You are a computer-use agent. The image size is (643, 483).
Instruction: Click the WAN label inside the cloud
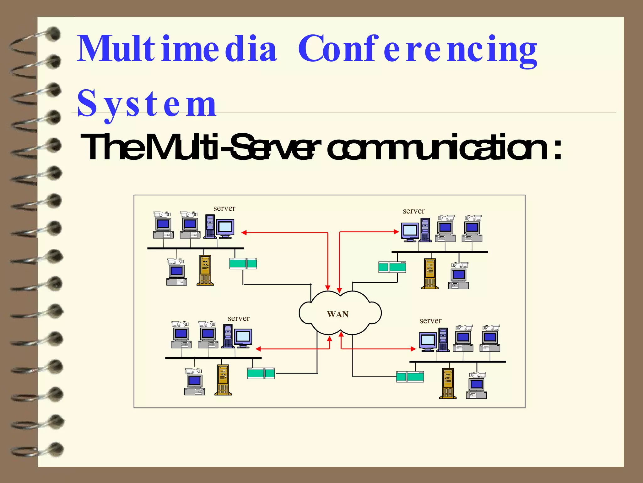pyautogui.click(x=338, y=314)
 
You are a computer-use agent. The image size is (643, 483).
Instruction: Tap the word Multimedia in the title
pyautogui.click(x=177, y=49)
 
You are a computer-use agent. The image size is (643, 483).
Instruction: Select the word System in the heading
pyautogui.click(x=147, y=104)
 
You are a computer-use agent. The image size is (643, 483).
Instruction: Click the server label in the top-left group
pyautogui.click(x=224, y=208)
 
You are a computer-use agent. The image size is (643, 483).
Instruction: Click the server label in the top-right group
pyautogui.click(x=413, y=211)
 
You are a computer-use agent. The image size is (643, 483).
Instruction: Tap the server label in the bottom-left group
pyautogui.click(x=239, y=318)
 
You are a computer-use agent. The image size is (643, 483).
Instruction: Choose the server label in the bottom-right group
pyautogui.click(x=430, y=321)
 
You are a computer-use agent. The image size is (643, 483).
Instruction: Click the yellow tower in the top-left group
pyautogui.click(x=205, y=270)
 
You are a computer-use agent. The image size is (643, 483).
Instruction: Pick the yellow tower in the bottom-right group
pyautogui.click(x=448, y=383)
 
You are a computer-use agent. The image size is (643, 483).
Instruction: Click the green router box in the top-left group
pyautogui.click(x=243, y=264)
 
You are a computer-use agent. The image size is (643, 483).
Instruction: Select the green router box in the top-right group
pyautogui.click(x=392, y=267)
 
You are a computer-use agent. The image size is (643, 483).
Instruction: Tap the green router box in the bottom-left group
pyautogui.click(x=261, y=373)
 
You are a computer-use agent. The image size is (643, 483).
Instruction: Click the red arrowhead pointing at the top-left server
pyautogui.click(x=244, y=233)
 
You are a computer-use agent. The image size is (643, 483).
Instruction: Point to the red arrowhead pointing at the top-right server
pyautogui.click(x=397, y=232)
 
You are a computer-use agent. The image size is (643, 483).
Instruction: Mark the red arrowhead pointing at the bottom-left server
pyautogui.click(x=258, y=349)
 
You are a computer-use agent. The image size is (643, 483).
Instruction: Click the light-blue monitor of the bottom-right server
pyautogui.click(x=427, y=340)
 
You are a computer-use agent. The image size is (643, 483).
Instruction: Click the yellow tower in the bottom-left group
pyautogui.click(x=223, y=380)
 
